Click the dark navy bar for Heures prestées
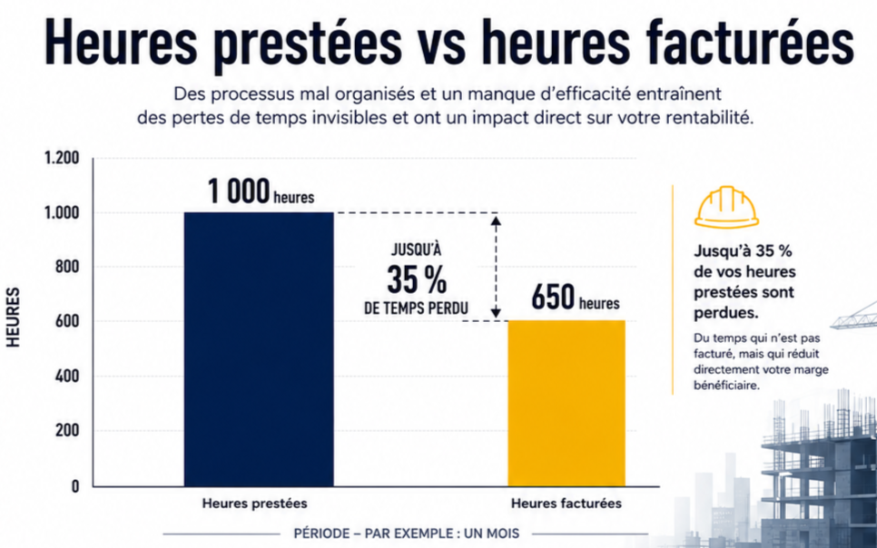point(259,349)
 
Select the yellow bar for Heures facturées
point(567,403)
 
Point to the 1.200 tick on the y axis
point(62,158)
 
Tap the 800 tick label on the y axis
point(67,267)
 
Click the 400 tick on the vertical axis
point(67,377)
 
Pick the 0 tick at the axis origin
point(75,486)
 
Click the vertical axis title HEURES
point(13,317)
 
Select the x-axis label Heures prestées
point(254,504)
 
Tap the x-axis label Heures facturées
point(566,504)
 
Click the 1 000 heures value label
point(261,191)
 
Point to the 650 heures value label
point(576,298)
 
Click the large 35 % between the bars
point(417,279)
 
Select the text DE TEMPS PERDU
point(416,308)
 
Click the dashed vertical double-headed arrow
point(496,268)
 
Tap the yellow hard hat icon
point(726,207)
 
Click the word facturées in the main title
point(750,42)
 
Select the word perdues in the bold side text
point(726,313)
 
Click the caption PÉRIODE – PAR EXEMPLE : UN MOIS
point(407,533)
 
